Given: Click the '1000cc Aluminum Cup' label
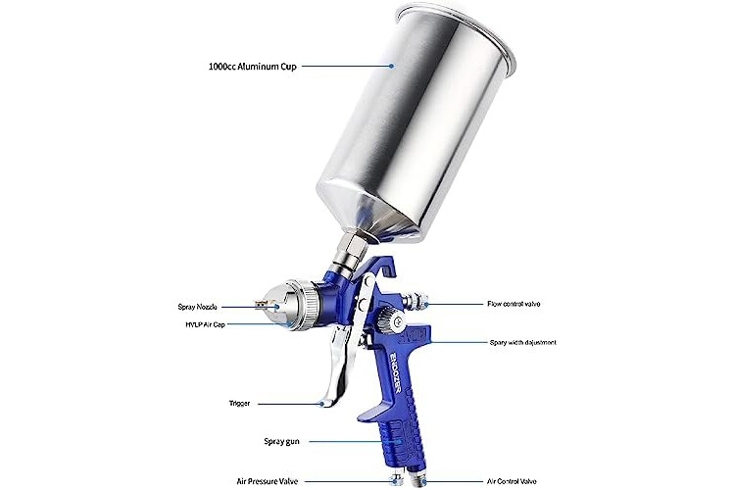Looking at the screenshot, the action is click(x=252, y=66).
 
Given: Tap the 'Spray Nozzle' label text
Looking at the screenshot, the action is click(x=197, y=307).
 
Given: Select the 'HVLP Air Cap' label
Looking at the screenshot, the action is click(x=205, y=324).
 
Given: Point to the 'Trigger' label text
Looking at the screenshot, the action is click(x=239, y=403).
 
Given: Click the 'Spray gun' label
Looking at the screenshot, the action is click(x=281, y=441).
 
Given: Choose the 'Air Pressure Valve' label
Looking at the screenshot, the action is click(x=267, y=481).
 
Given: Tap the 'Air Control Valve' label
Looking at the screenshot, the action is click(x=512, y=481).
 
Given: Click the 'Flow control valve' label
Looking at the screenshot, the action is click(x=514, y=304).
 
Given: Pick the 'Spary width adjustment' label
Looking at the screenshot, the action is click(x=522, y=342).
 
